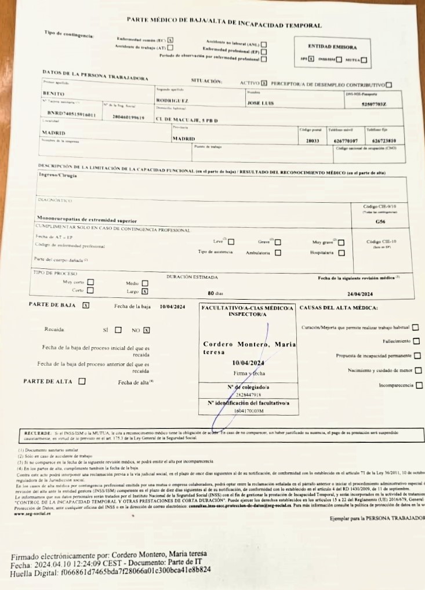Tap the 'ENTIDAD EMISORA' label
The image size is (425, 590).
coord(333,47)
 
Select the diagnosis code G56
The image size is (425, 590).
coord(380,221)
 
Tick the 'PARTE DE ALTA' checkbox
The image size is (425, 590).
coord(81,381)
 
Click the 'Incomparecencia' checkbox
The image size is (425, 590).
coord(419,385)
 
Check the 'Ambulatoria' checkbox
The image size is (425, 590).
coord(262,253)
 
